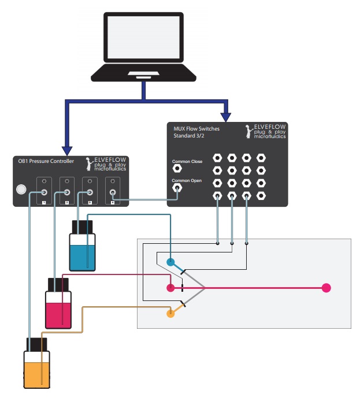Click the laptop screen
pyautogui.click(x=144, y=39)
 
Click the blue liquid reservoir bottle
pyautogui.click(x=81, y=249)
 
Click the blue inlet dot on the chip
pyautogui.click(x=170, y=262)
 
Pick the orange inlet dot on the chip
pyautogui.click(x=170, y=314)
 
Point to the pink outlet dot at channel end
pyautogui.click(x=326, y=288)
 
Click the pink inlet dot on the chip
pyautogui.click(x=170, y=288)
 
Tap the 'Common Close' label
pyautogui.click(x=187, y=161)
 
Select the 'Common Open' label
pyautogui.click(x=187, y=181)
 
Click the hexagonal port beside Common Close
pyautogui.click(x=177, y=168)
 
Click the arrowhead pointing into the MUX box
pyautogui.click(x=227, y=112)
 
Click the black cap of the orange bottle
pyautogui.click(x=36, y=344)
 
